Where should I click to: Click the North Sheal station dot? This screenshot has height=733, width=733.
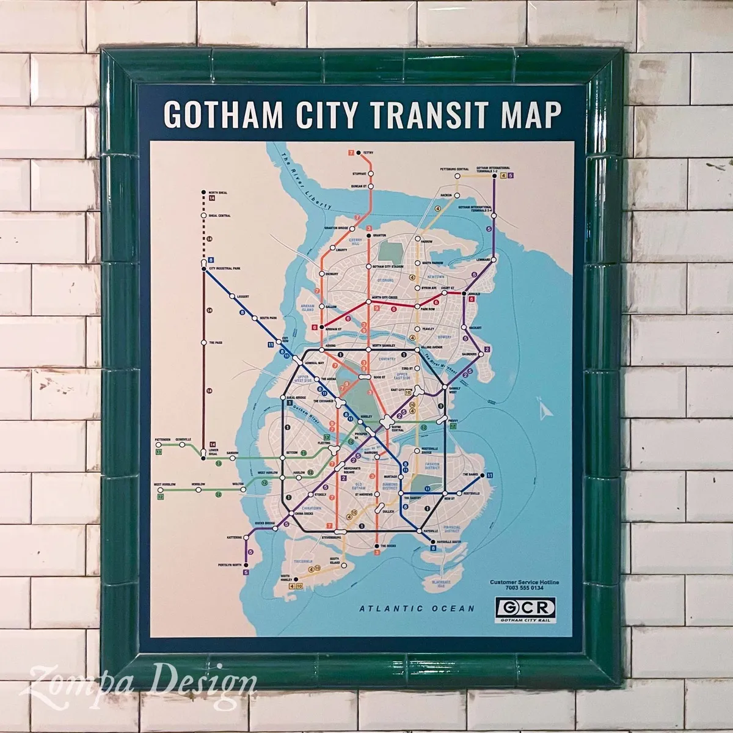(203, 193)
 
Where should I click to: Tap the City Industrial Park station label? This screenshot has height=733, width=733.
(225, 268)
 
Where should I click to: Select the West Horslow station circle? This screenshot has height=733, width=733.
(159, 489)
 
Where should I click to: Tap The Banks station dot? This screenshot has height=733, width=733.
(483, 475)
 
